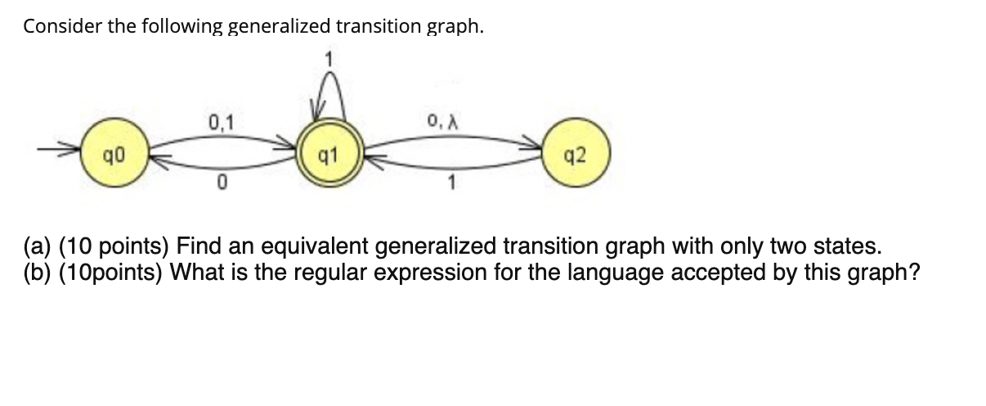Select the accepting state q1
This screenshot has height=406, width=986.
(x=327, y=152)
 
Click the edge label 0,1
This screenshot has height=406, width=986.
(x=220, y=124)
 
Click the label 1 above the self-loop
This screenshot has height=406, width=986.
(x=328, y=57)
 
